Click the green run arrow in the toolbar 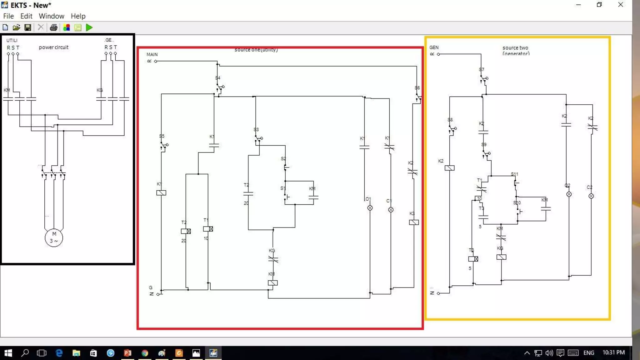(x=89, y=27)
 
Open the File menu (x=8, y=16)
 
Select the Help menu (x=78, y=16)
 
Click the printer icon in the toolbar (x=53, y=27)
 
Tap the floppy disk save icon (x=28, y=27)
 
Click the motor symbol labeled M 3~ (x=54, y=238)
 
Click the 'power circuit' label (x=53, y=47)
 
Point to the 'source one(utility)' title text (x=256, y=50)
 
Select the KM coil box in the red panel (x=272, y=283)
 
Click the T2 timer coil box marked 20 (x=186, y=231)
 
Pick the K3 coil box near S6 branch (x=414, y=222)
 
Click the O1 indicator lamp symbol (x=370, y=208)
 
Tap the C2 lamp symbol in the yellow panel (x=591, y=196)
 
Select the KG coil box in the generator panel (x=501, y=257)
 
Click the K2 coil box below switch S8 (x=449, y=168)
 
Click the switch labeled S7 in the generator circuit (x=484, y=79)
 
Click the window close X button (x=621, y=5)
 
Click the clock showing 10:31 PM (x=613, y=352)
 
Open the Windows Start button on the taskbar (x=8, y=353)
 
